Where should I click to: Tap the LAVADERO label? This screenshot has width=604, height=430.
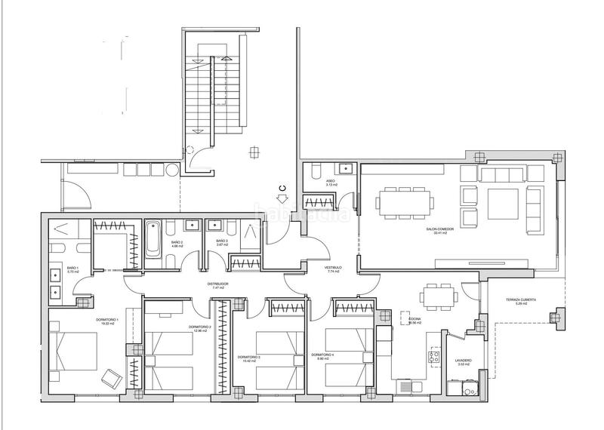coord(463,361)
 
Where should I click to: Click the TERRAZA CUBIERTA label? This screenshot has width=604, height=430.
coord(521,299)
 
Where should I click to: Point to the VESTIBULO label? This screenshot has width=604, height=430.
coord(334,267)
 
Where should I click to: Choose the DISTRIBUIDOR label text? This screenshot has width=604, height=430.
coord(218,284)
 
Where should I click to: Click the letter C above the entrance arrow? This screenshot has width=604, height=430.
coord(282,187)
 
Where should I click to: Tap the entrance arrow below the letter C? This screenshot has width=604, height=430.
coord(282,200)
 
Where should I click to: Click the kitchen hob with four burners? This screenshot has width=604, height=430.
coord(434,357)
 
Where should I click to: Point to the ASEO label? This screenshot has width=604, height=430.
coord(330,181)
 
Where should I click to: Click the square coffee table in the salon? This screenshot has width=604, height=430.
coord(502,202)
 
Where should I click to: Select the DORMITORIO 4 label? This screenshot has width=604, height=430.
coord(322,355)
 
